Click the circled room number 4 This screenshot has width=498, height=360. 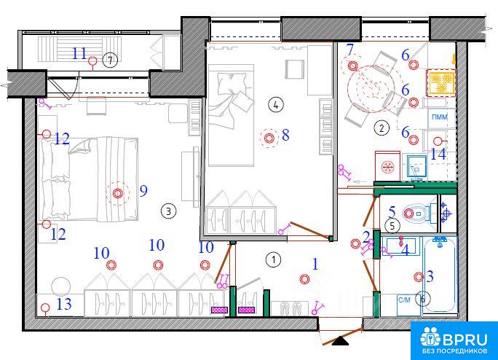[x=275, y=104]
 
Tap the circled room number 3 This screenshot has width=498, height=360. [x=168, y=211]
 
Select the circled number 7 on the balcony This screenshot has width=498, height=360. [x=110, y=60]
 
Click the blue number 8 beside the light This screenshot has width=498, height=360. [x=285, y=135]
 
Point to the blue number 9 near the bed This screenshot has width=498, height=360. [x=143, y=191]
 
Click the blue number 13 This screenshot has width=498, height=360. [x=64, y=304]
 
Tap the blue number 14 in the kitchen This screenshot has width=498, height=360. [x=438, y=154]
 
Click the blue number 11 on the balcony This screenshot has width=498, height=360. [x=79, y=53]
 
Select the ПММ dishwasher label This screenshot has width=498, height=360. [x=440, y=117]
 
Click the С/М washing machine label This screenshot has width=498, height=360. [x=404, y=300]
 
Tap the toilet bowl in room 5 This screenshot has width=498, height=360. [x=416, y=213]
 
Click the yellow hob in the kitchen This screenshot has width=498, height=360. [x=440, y=82]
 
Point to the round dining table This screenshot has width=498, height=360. [x=371, y=89]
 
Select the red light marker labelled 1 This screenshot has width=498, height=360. [x=304, y=279]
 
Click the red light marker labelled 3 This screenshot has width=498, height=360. [x=419, y=277]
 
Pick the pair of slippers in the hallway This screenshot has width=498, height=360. [x=290, y=308]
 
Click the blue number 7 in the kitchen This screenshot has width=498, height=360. [x=350, y=50]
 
